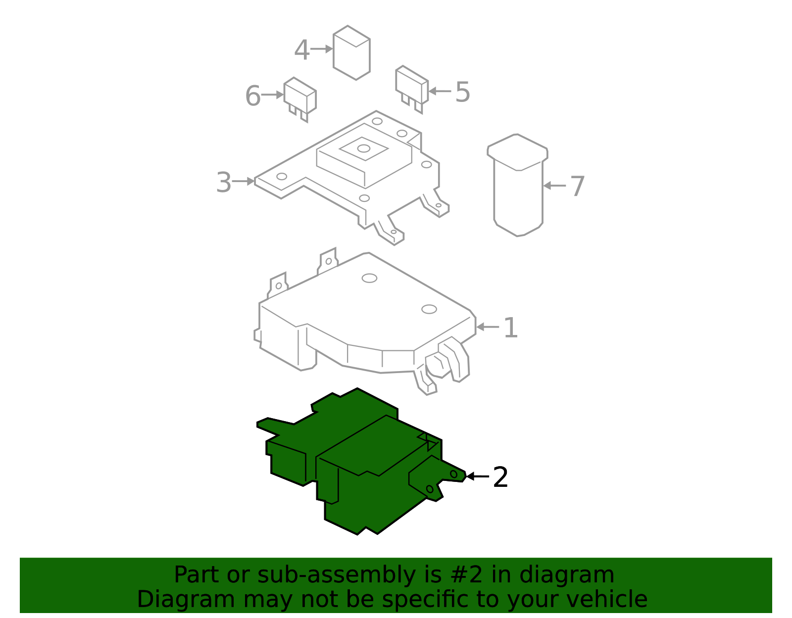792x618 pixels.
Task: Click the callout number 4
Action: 302,50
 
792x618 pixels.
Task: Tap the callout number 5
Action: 462,92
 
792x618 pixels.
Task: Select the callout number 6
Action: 252,96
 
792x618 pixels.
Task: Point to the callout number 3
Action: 224,183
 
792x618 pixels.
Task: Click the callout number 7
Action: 577,187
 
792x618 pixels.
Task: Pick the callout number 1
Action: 510,328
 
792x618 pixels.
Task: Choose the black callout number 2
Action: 500,477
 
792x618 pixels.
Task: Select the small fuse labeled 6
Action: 300,96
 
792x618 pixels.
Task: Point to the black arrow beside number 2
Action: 477,476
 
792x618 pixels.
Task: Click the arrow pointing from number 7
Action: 554,186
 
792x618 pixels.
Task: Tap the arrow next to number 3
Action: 243,182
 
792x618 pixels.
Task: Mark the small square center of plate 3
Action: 364,148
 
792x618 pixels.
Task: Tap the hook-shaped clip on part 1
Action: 453,359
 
